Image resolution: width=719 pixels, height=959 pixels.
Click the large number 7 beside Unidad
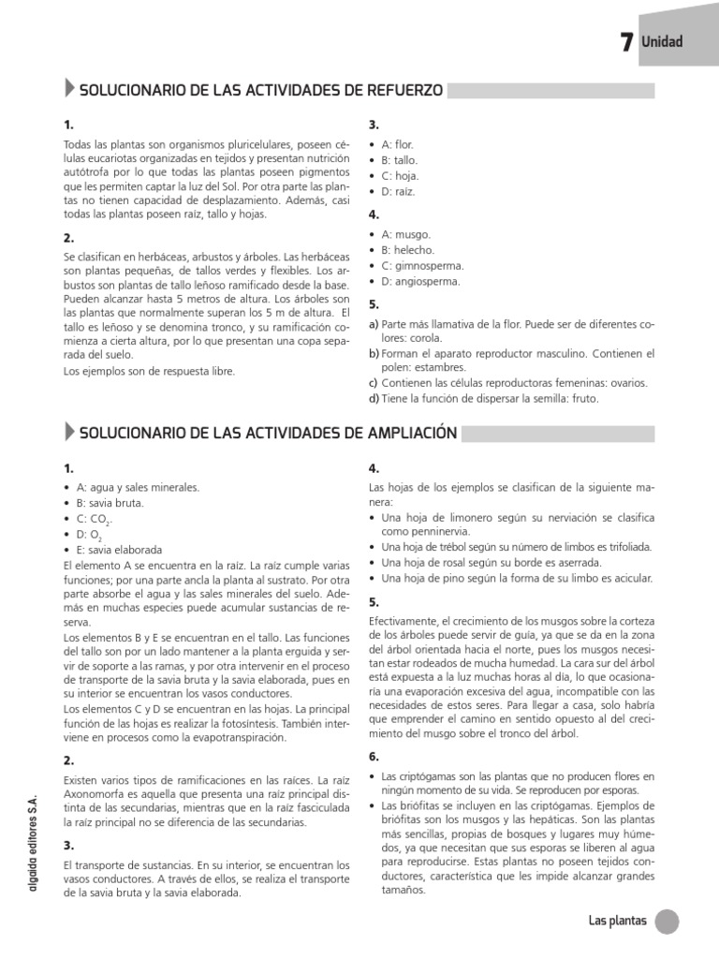point(626,42)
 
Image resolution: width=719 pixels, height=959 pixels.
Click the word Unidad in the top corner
point(662,42)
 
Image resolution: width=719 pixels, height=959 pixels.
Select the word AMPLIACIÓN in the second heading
point(410,433)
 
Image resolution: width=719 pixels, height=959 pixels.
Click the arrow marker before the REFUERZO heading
point(70,90)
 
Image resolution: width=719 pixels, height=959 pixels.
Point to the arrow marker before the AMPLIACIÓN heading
point(70,432)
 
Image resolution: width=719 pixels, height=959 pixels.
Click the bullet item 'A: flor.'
point(397,145)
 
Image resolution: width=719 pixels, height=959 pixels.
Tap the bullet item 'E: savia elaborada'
point(119,550)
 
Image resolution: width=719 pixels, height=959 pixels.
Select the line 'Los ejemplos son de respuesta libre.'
point(149,371)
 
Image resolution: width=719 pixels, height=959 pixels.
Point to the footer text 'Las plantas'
point(617,921)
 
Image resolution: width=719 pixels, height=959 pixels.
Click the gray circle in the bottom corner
point(666,922)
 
